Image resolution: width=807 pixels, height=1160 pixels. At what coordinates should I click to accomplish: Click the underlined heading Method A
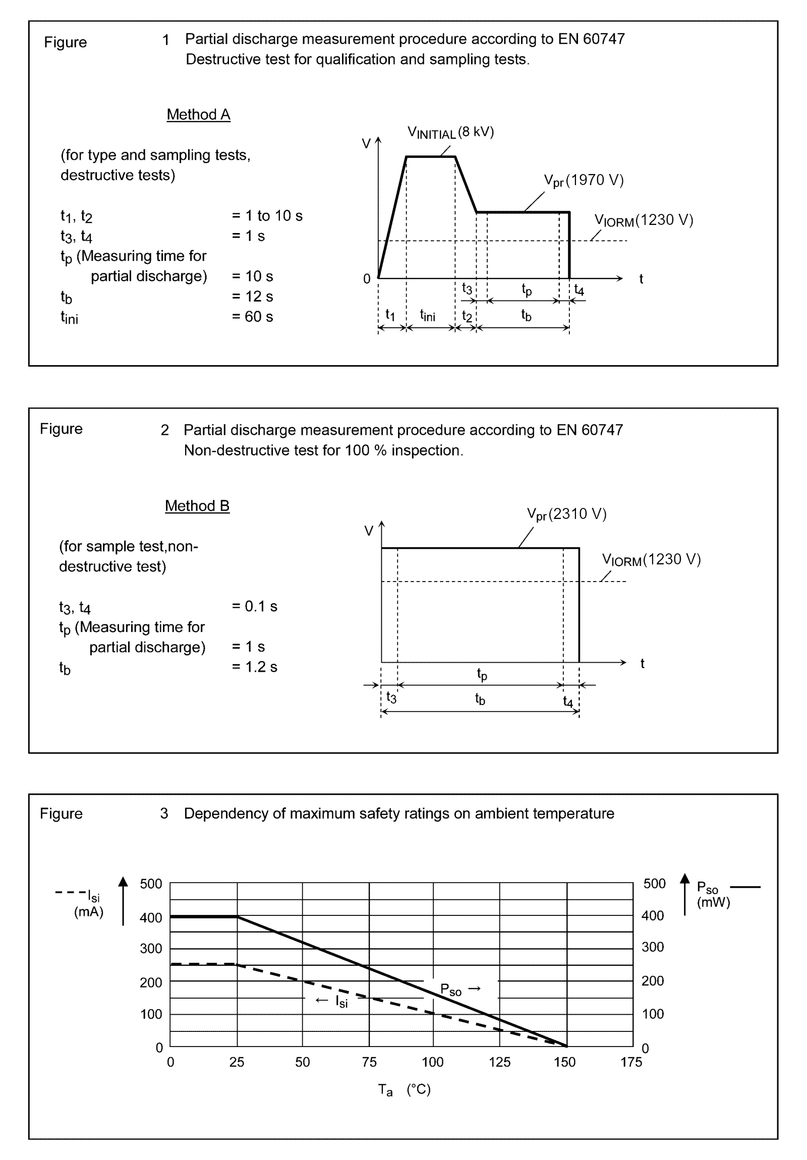pyautogui.click(x=198, y=114)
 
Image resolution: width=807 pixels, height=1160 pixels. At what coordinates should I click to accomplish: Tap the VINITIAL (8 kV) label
pyautogui.click(x=450, y=132)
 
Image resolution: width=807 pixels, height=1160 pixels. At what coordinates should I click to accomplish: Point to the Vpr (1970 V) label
pyautogui.click(x=583, y=181)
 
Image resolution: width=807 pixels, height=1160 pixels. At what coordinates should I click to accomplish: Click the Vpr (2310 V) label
pyautogui.click(x=566, y=514)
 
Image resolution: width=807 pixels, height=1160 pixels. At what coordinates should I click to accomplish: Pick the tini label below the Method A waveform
pyautogui.click(x=428, y=315)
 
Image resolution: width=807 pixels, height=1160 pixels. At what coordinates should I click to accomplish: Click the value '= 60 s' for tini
pyautogui.click(x=252, y=316)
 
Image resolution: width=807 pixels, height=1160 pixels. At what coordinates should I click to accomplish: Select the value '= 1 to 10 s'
pyautogui.click(x=267, y=216)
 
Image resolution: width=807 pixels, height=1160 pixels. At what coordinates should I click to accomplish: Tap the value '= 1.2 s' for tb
pyautogui.click(x=254, y=666)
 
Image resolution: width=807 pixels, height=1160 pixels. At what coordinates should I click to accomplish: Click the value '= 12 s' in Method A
pyautogui.click(x=252, y=296)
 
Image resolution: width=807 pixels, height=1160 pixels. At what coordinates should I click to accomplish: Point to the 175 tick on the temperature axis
pyautogui.click(x=631, y=1062)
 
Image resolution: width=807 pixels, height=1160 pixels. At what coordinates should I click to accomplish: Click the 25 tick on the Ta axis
pyautogui.click(x=237, y=1062)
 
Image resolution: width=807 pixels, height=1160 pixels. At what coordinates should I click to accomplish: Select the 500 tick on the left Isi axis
pyautogui.click(x=151, y=884)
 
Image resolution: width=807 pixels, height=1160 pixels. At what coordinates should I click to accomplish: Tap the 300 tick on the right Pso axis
pyautogui.click(x=652, y=947)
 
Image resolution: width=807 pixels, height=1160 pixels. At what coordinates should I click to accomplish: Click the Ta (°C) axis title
pyautogui.click(x=405, y=1090)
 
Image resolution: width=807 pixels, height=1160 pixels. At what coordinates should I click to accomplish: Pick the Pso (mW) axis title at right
pyautogui.click(x=713, y=894)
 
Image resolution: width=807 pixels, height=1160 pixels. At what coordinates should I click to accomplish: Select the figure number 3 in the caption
pyautogui.click(x=164, y=814)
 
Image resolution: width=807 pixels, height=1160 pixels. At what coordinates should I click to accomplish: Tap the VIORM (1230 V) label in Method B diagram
pyautogui.click(x=651, y=560)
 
